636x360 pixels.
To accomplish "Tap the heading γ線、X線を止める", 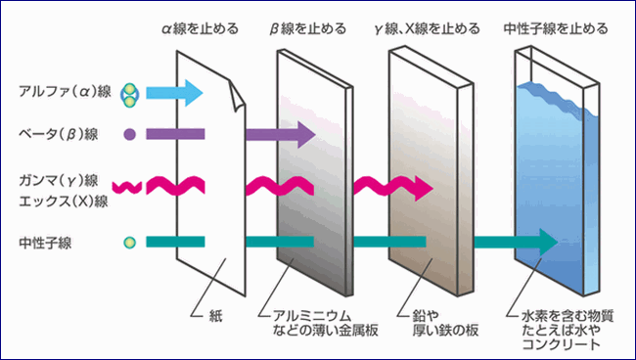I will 425,29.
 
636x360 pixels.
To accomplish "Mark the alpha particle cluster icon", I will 129,94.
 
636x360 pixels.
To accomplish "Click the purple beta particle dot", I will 129,132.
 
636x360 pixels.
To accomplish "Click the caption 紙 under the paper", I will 217,316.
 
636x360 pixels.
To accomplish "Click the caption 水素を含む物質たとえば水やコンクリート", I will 561,330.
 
